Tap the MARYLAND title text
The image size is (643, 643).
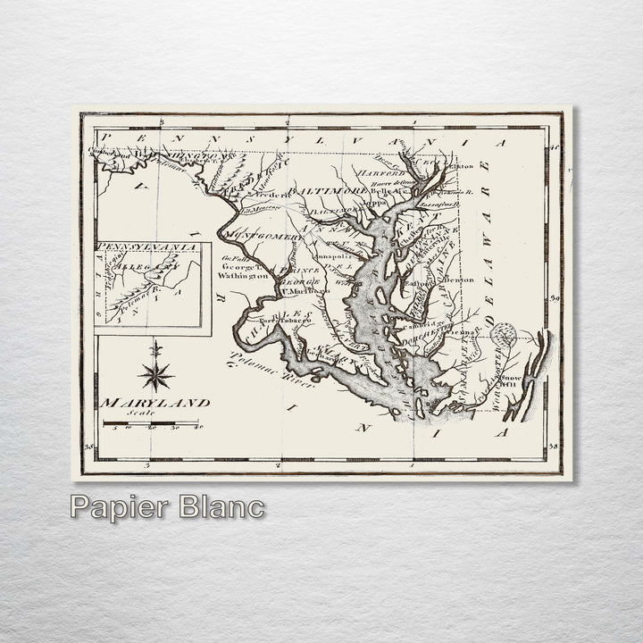point(155,403)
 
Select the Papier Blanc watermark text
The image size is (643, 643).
point(167,507)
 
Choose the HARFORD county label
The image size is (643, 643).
point(381,172)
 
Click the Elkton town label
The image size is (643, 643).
point(460,166)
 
